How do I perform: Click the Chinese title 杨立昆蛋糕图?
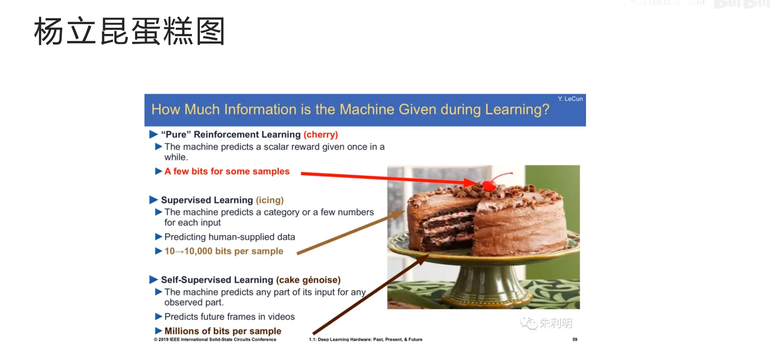coord(129,31)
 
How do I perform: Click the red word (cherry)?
coord(321,135)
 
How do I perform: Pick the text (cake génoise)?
coord(308,280)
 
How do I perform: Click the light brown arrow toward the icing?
coord(351,232)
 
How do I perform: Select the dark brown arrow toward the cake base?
coord(371,294)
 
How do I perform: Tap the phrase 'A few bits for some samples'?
coord(227,171)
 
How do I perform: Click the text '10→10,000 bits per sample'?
coord(224,251)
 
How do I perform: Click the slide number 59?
coord(574,339)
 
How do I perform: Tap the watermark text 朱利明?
coord(556,323)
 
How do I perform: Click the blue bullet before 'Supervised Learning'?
coord(153,200)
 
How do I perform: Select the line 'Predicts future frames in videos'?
coord(229,316)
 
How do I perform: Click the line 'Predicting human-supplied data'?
coord(230,237)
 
